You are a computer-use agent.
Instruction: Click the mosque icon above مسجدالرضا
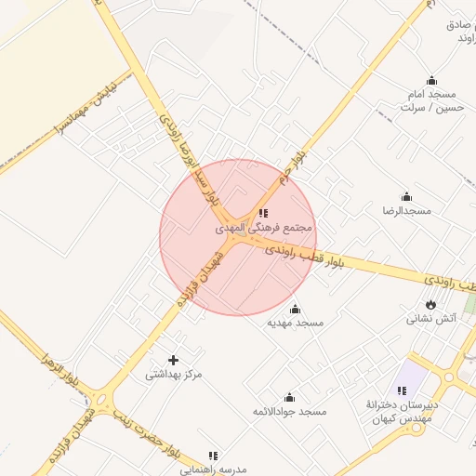(x=406, y=196)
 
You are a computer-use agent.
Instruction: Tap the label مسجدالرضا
(x=405, y=211)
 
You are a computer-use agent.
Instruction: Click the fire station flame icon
(x=430, y=304)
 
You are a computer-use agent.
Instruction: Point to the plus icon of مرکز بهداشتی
(x=173, y=360)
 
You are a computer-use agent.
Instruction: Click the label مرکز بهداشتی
(x=173, y=375)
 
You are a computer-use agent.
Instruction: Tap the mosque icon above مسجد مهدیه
(x=296, y=309)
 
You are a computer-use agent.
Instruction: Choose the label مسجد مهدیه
(x=296, y=323)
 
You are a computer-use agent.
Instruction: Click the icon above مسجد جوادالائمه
(x=289, y=397)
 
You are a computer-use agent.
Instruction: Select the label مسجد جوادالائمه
(x=289, y=411)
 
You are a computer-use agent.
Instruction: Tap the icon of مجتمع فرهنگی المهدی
(x=263, y=213)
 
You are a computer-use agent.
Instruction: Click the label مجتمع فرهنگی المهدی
(x=264, y=227)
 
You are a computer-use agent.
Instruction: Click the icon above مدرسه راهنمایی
(x=213, y=456)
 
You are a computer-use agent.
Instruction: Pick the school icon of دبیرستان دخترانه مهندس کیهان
(x=403, y=390)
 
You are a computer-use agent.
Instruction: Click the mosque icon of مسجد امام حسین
(x=430, y=81)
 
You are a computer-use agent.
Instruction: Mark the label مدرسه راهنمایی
(x=214, y=469)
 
